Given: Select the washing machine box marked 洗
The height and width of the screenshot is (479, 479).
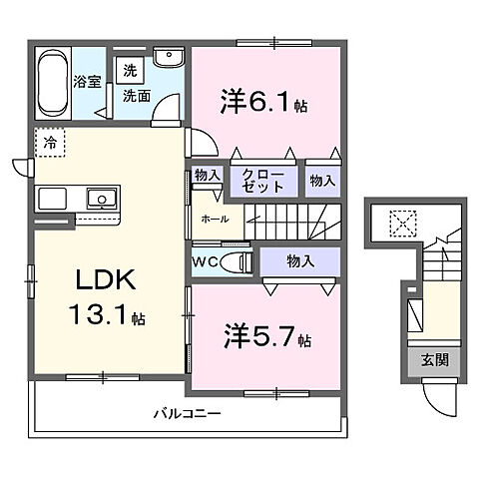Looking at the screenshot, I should [x=129, y=71].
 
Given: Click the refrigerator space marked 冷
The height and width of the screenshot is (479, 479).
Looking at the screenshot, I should [x=48, y=143].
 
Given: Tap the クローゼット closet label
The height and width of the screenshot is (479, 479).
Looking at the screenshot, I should [x=265, y=181].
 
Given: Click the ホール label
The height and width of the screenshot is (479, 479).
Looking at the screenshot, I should [x=215, y=219].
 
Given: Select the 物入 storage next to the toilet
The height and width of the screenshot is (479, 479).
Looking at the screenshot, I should [x=299, y=261].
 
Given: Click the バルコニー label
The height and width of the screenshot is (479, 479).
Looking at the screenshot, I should [x=187, y=412].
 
